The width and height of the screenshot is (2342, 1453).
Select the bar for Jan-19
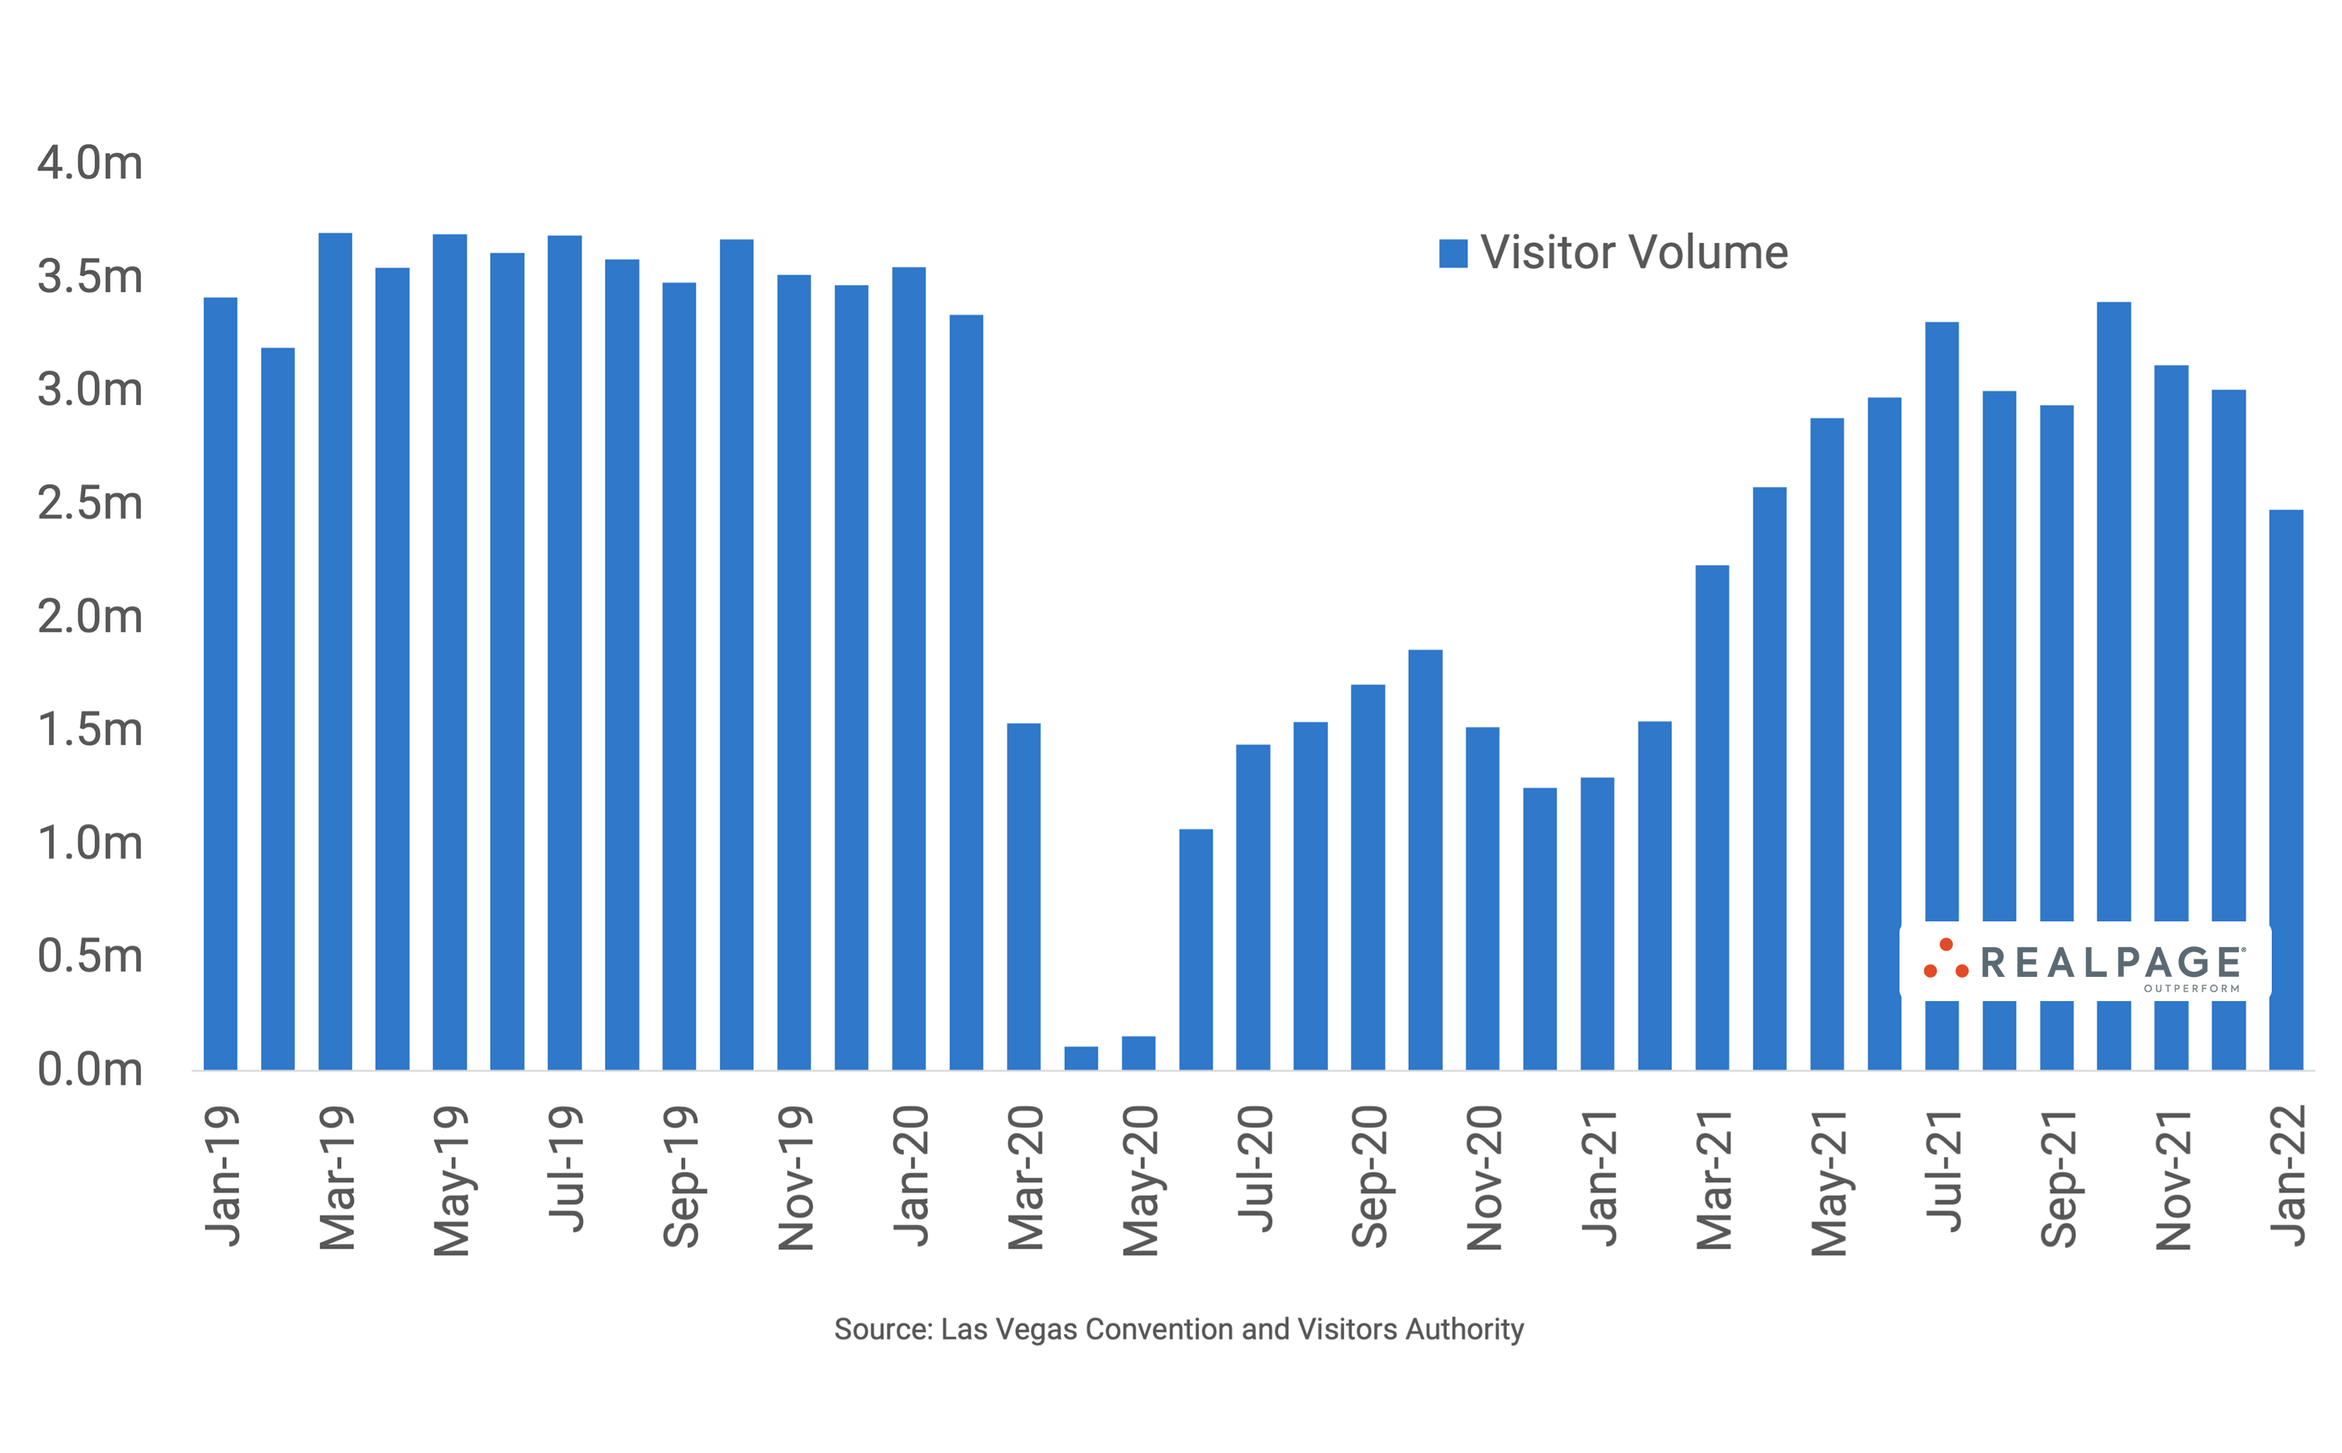(x=220, y=682)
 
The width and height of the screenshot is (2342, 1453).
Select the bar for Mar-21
(x=1712, y=817)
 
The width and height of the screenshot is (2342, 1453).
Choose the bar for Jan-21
(x=1597, y=923)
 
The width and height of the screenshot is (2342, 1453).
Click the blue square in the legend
(x=1452, y=254)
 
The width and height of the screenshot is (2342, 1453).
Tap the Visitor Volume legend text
(x=1634, y=253)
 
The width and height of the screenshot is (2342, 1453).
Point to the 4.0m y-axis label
(x=89, y=163)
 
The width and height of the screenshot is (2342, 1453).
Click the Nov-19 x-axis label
(x=796, y=1178)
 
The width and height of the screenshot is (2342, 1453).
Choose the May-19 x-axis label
(x=451, y=1181)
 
